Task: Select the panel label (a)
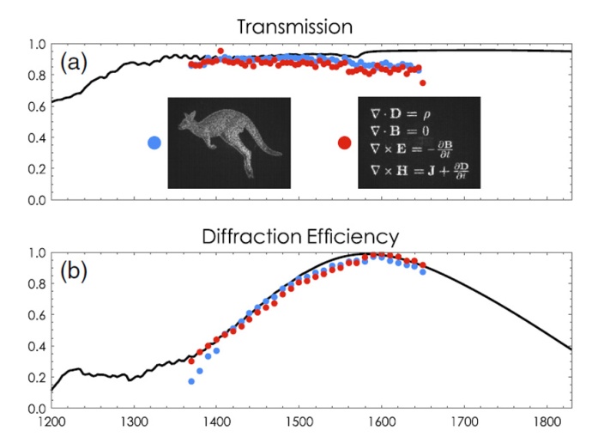click(76, 64)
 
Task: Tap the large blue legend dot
click(154, 143)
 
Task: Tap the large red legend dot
click(344, 143)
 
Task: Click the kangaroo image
click(228, 142)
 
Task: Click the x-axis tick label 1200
click(52, 422)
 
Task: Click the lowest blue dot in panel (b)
click(191, 381)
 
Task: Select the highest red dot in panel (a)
click(220, 52)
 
